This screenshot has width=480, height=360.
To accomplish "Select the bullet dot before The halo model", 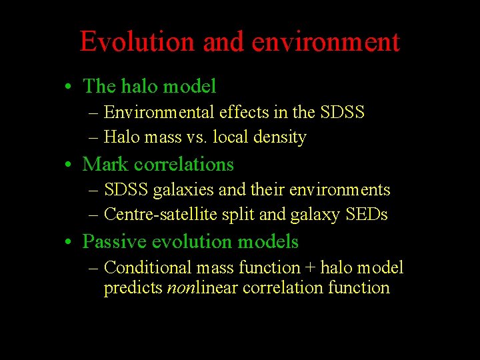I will (x=69, y=87).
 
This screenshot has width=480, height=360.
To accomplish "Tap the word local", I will (x=234, y=137).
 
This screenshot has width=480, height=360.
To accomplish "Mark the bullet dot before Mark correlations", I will (x=69, y=165).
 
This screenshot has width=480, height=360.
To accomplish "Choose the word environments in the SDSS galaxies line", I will (x=343, y=190).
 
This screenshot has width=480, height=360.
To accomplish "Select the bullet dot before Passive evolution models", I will (x=69, y=243).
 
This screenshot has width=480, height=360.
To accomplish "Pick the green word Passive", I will (x=111, y=241).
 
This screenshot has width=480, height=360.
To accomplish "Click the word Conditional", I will (x=148, y=268).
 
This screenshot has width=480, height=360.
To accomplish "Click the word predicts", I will (x=133, y=288).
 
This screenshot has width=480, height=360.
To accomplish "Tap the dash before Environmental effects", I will (x=94, y=113).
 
